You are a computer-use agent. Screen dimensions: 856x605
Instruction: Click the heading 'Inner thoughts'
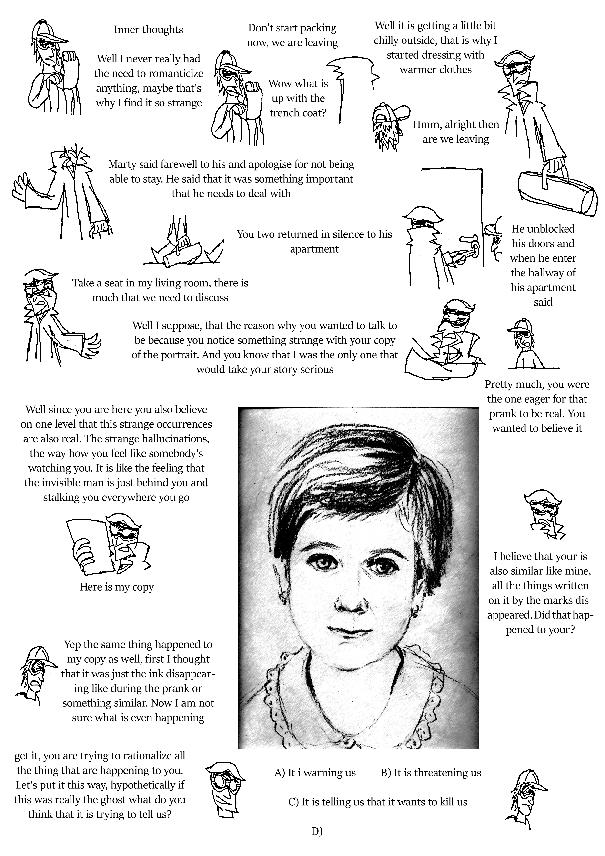coord(148,30)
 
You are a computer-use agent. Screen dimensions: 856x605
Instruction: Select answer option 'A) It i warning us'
coord(315,773)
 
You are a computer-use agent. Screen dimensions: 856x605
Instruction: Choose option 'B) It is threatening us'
coord(431,773)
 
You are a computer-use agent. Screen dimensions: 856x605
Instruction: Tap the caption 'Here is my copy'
coord(117,587)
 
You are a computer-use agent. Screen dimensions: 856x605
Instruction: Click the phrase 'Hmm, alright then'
coord(455,124)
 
